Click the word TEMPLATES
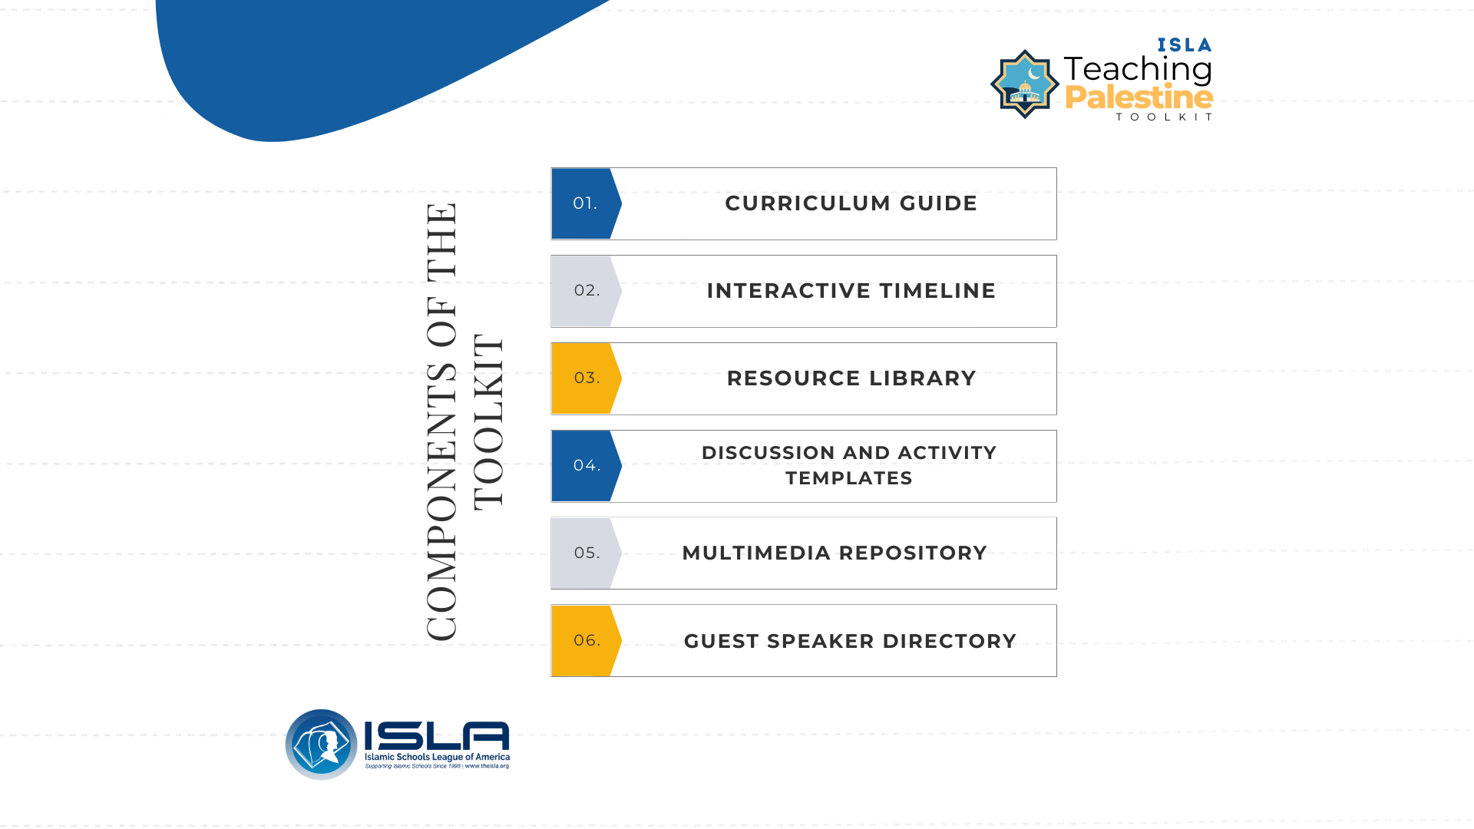click(849, 478)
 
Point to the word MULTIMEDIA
click(756, 553)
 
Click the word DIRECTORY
click(950, 641)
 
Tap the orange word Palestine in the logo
click(1139, 98)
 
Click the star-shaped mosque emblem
click(1025, 84)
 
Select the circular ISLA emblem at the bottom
click(321, 745)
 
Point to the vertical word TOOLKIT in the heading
click(488, 421)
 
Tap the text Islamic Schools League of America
click(437, 757)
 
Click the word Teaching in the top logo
click(1138, 70)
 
